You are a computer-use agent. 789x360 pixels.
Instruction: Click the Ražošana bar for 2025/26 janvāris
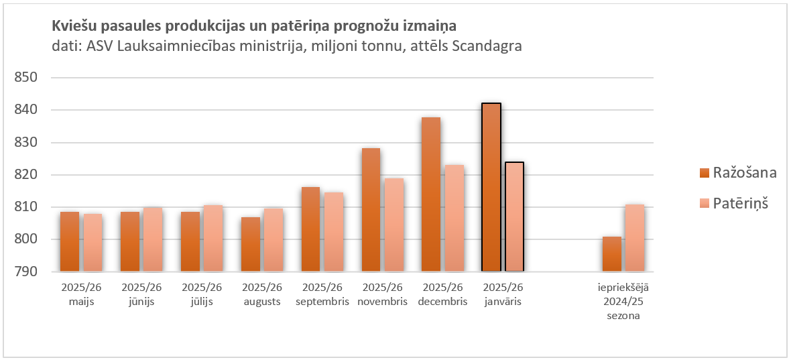[x=491, y=188]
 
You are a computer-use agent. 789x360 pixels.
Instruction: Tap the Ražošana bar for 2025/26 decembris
[x=431, y=194]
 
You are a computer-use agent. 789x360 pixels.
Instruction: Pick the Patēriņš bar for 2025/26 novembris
[x=394, y=225]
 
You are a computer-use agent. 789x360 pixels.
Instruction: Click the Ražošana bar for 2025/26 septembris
[x=310, y=229]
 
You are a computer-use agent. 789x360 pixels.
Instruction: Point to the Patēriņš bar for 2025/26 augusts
[x=273, y=240]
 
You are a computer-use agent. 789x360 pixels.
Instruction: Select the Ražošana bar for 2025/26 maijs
[x=70, y=241]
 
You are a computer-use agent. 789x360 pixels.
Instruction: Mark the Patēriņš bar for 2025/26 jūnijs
[x=153, y=239]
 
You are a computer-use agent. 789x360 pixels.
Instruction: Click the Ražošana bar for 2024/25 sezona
[x=611, y=254]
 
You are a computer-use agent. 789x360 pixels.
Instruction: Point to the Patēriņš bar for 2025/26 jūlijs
[x=213, y=238]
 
